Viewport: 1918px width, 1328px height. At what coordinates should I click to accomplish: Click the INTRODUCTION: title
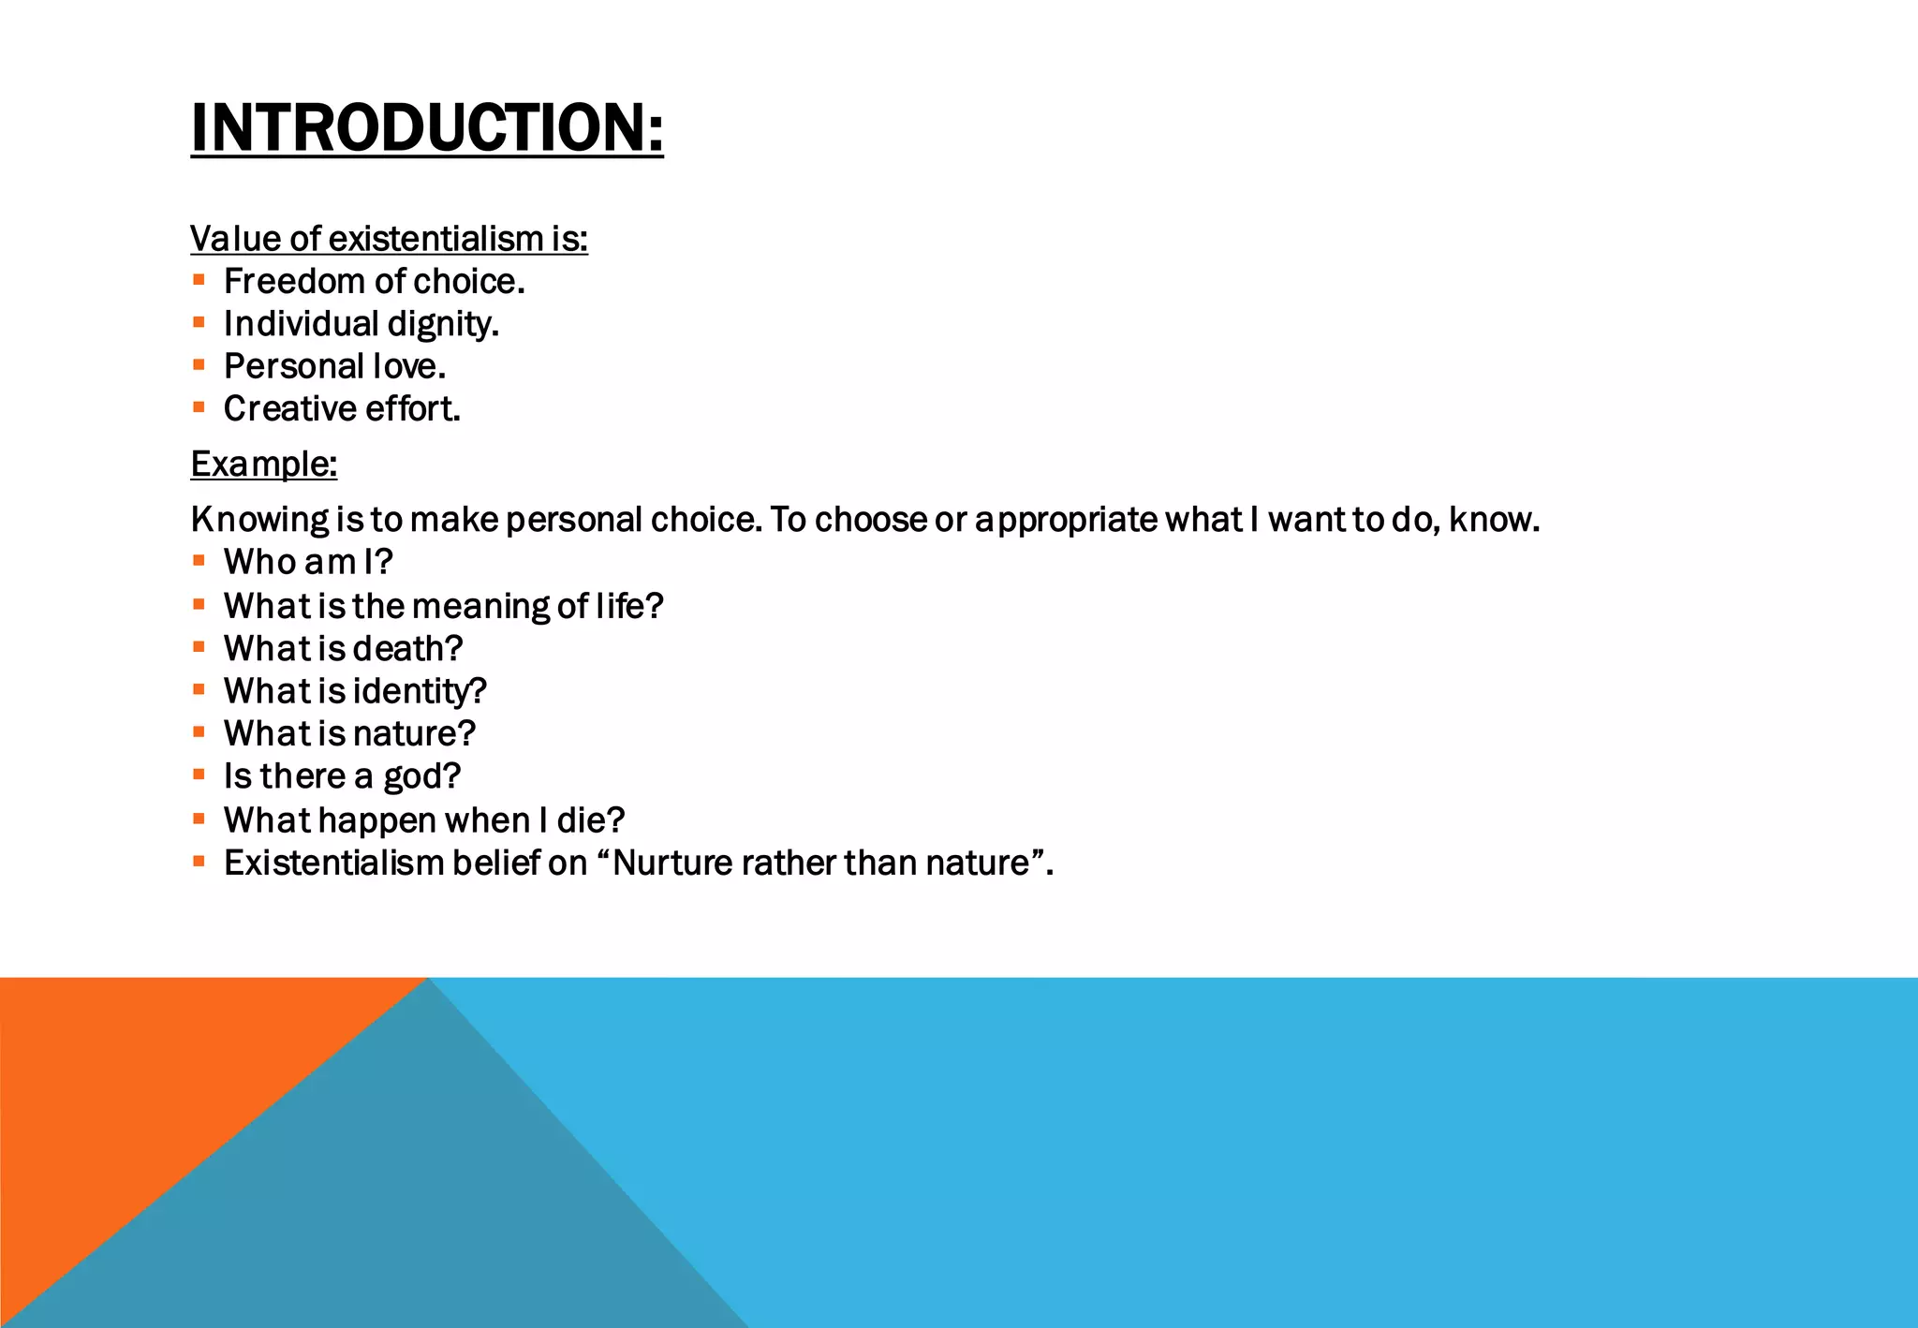click(x=427, y=127)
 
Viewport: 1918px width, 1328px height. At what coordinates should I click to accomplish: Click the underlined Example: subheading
click(x=263, y=465)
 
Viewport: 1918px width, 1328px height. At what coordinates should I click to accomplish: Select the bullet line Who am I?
click(x=308, y=563)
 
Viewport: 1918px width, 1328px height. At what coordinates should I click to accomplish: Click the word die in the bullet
click(x=589, y=821)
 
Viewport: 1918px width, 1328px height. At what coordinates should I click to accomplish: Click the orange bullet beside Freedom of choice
click(x=199, y=280)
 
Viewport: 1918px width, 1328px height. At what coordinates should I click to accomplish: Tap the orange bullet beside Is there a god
click(x=199, y=775)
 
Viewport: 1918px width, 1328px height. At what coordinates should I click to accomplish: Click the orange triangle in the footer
click(x=140, y=1086)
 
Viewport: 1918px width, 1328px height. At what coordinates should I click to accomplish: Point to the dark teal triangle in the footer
click(x=421, y=1199)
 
